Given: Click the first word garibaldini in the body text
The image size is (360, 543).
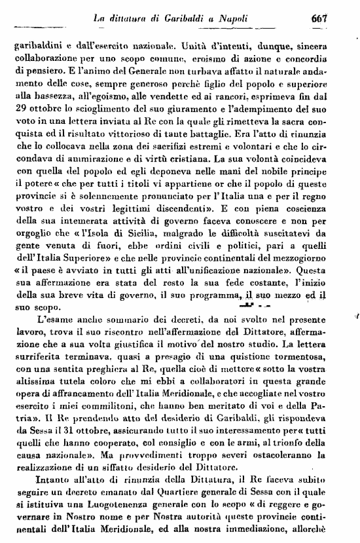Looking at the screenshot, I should (x=33, y=47).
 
